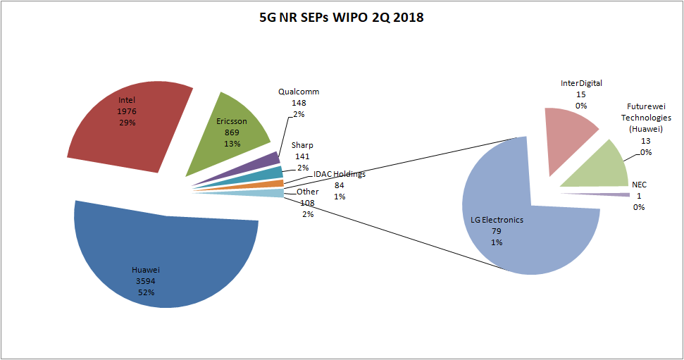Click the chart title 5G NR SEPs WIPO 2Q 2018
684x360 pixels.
coord(342,18)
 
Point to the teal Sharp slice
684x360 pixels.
coord(268,173)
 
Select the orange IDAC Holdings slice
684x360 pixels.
coord(271,184)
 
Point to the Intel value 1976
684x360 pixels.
coord(128,111)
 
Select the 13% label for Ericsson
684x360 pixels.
coord(232,143)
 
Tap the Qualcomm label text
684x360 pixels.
coord(299,92)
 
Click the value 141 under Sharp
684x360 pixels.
coord(301,156)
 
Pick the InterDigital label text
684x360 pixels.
coord(581,83)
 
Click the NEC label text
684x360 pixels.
coord(639,185)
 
